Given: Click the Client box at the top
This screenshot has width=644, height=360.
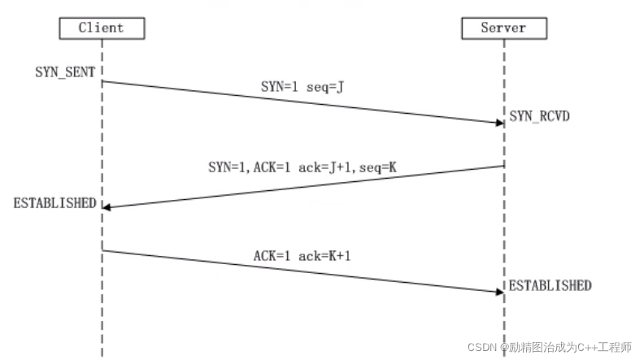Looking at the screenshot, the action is coord(102,28).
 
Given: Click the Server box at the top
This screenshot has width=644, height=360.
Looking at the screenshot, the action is coord(504,28).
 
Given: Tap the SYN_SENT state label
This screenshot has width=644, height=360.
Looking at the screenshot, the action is coord(65,72).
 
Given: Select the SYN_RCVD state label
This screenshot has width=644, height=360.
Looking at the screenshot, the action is coord(539,116).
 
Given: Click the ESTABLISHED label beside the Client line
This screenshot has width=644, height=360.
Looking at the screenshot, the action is coord(54,203).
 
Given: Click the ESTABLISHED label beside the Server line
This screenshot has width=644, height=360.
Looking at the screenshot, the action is coord(550,285).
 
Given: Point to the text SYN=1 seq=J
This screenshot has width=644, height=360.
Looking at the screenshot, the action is coord(302,87).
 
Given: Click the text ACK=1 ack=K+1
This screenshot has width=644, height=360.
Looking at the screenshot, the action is coord(302,256).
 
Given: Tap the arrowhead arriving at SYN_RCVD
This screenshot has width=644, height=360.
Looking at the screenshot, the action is coord(500,123).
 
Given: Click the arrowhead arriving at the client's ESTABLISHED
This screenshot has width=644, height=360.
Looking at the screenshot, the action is coord(107,207).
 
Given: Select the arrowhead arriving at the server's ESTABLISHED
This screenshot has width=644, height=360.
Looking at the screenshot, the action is coord(500,292).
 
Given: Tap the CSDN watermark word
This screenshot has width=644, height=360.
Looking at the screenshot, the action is coord(481,347).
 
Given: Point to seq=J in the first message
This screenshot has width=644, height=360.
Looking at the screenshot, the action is coord(325,87).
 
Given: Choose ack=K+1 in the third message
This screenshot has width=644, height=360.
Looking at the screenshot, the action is coord(324,256).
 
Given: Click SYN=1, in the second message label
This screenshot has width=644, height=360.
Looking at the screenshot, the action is coord(228,167).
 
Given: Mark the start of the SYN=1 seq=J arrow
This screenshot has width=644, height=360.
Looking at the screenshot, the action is coord(102,81).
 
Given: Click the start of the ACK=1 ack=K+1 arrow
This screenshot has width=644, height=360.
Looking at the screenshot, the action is coord(102,250).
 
